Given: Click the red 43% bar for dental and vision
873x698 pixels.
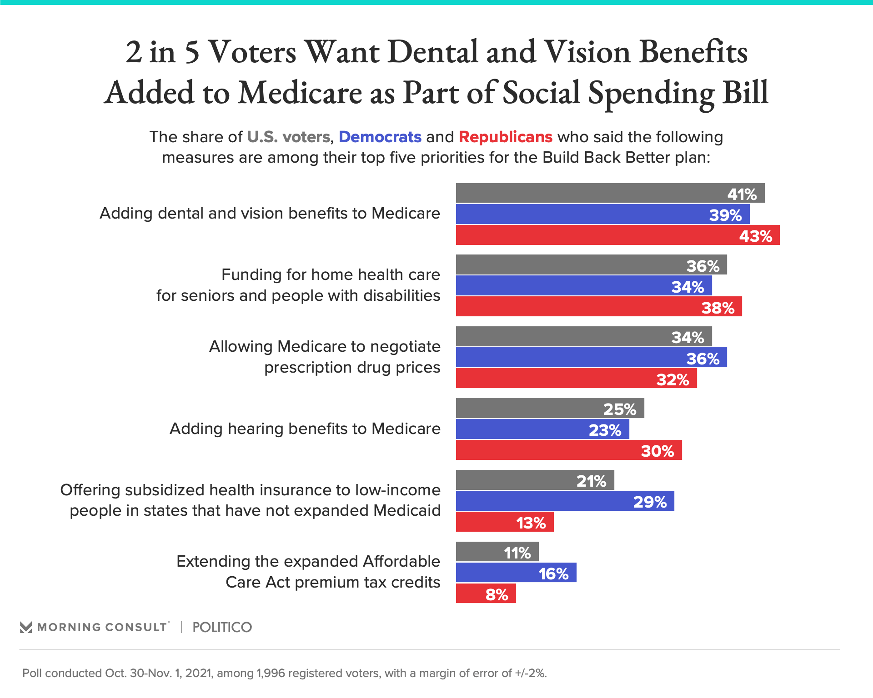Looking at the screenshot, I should click(617, 235).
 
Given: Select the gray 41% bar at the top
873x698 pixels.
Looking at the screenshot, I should click(610, 193).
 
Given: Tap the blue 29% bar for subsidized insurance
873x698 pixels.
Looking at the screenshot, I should click(565, 501).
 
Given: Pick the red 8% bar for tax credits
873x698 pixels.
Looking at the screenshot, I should click(486, 593).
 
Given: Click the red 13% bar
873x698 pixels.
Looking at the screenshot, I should click(505, 522).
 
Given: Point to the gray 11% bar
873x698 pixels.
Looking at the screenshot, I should click(497, 552).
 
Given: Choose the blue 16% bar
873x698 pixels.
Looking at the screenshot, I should click(516, 573).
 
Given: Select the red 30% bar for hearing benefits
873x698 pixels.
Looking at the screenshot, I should click(569, 450).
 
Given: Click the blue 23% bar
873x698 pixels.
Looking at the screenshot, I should click(542, 429).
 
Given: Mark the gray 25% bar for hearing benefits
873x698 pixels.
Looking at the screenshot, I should click(550, 408).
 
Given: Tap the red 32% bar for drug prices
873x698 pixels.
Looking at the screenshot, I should click(576, 379).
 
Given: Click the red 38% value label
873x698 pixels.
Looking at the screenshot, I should click(718, 308).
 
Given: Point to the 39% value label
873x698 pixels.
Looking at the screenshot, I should click(725, 215).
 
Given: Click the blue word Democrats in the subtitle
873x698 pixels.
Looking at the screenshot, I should click(380, 137).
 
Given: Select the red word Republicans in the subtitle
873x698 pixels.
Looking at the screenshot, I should click(505, 137).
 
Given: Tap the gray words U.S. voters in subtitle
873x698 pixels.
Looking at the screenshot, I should click(288, 137).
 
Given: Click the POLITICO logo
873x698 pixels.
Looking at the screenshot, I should click(222, 627).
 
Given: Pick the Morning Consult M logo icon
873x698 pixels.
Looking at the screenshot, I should click(26, 628).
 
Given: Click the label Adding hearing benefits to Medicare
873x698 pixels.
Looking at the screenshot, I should click(305, 429).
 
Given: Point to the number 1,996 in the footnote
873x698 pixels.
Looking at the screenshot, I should click(271, 673).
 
